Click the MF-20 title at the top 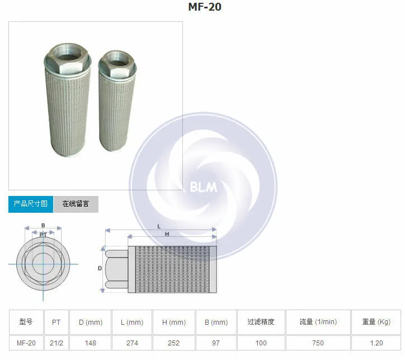[204, 7]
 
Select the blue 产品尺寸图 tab [31, 204]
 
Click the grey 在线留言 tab [76, 204]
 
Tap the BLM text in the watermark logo [203, 187]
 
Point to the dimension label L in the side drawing [159, 226]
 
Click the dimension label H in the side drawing [167, 234]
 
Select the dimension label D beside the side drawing [100, 269]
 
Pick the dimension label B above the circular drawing [43, 226]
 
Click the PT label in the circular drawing [43, 235]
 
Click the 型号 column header [26, 322]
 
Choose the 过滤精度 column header [261, 322]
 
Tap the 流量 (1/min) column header [318, 322]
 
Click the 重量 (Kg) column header [376, 322]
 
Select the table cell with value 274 [132, 343]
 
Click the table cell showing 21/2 [56, 343]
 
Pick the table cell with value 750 [318, 343]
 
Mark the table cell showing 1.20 [376, 343]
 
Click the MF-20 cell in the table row [26, 343]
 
